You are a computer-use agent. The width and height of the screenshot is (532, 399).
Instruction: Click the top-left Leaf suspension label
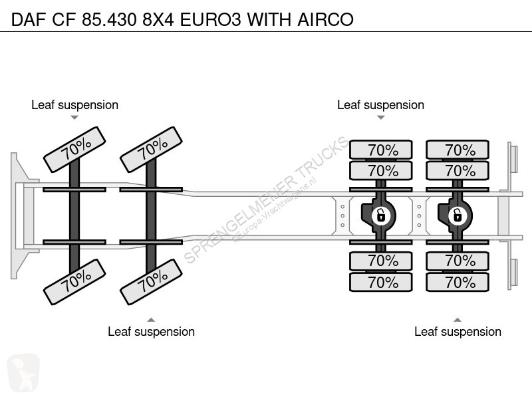click(x=74, y=105)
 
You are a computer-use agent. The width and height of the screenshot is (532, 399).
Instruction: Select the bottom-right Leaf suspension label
click(x=458, y=331)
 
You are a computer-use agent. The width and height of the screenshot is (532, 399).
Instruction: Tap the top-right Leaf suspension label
click(x=380, y=105)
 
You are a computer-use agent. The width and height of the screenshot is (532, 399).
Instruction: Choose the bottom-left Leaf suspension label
click(x=151, y=331)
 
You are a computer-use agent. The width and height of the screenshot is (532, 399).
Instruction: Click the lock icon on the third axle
click(x=380, y=214)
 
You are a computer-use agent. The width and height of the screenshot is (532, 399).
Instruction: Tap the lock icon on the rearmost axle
click(x=458, y=214)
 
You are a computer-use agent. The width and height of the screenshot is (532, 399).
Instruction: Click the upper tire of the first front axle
click(x=74, y=150)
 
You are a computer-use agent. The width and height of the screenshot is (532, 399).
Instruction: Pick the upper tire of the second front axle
click(x=151, y=150)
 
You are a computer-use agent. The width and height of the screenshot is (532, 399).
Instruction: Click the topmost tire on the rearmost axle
click(x=458, y=150)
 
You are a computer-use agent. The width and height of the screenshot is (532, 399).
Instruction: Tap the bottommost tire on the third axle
click(x=380, y=282)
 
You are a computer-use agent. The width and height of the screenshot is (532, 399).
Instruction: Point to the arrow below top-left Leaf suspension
click(x=74, y=118)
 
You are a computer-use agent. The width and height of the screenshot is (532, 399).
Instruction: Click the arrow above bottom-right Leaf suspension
click(x=458, y=319)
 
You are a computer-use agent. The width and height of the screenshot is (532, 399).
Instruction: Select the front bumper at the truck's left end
click(x=15, y=214)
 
